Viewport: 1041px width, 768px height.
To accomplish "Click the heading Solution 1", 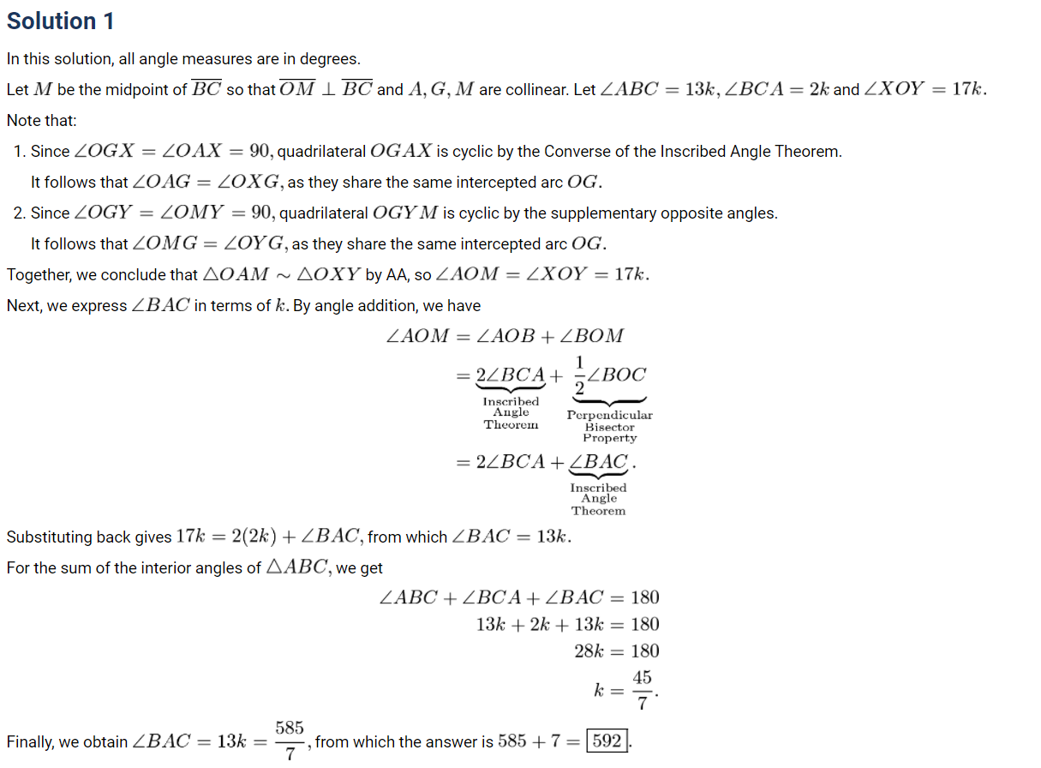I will pyautogui.click(x=60, y=21).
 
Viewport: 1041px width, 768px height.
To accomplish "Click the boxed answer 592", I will pyautogui.click(x=607, y=741).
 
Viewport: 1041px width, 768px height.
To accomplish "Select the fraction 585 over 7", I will pyautogui.click(x=290, y=741).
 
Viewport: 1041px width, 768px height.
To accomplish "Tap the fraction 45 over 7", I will pyautogui.click(x=642, y=690).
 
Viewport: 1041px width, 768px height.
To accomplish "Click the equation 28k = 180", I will pyautogui.click(x=616, y=651).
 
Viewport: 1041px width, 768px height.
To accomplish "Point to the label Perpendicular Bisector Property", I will pyautogui.click(x=609, y=426).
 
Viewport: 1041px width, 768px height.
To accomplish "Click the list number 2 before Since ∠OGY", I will pyautogui.click(x=19, y=213).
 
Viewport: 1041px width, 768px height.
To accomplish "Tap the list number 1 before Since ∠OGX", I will pyautogui.click(x=19, y=152).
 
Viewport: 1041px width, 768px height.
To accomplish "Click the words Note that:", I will pyautogui.click(x=41, y=121).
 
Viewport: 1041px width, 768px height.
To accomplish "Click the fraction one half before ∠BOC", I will pyautogui.click(x=580, y=375).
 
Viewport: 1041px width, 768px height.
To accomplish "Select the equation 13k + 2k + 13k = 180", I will pyautogui.click(x=567, y=624).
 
